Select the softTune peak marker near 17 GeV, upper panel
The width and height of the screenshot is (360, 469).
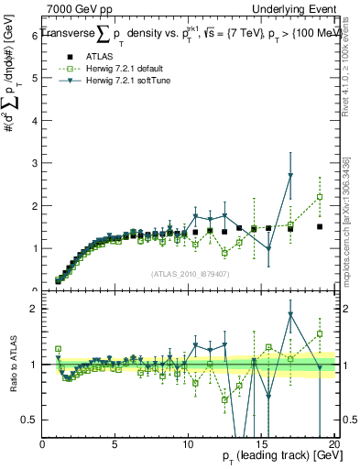(290, 175)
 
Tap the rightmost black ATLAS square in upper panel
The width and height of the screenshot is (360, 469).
(320, 226)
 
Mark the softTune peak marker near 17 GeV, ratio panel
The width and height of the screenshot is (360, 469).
(290, 314)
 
